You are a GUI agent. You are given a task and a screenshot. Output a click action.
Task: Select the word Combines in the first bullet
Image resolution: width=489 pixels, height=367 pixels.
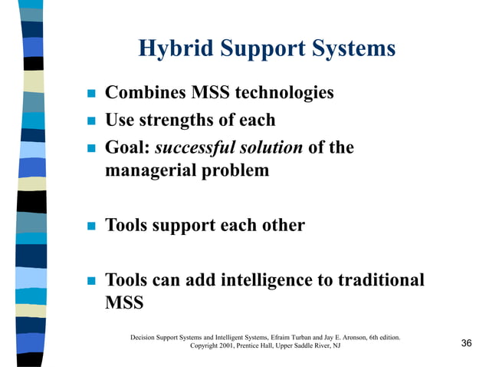[141, 94]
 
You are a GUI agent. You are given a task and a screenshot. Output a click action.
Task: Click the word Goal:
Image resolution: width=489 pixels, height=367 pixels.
[127, 147]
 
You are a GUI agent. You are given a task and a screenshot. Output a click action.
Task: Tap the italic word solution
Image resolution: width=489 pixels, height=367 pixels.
[272, 147]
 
